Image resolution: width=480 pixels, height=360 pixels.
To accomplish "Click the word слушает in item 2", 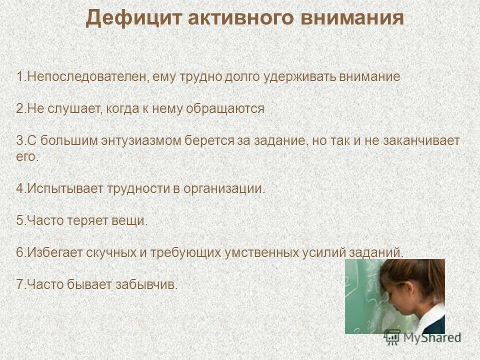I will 68,108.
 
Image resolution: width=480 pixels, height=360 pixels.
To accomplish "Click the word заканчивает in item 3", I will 421,140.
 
